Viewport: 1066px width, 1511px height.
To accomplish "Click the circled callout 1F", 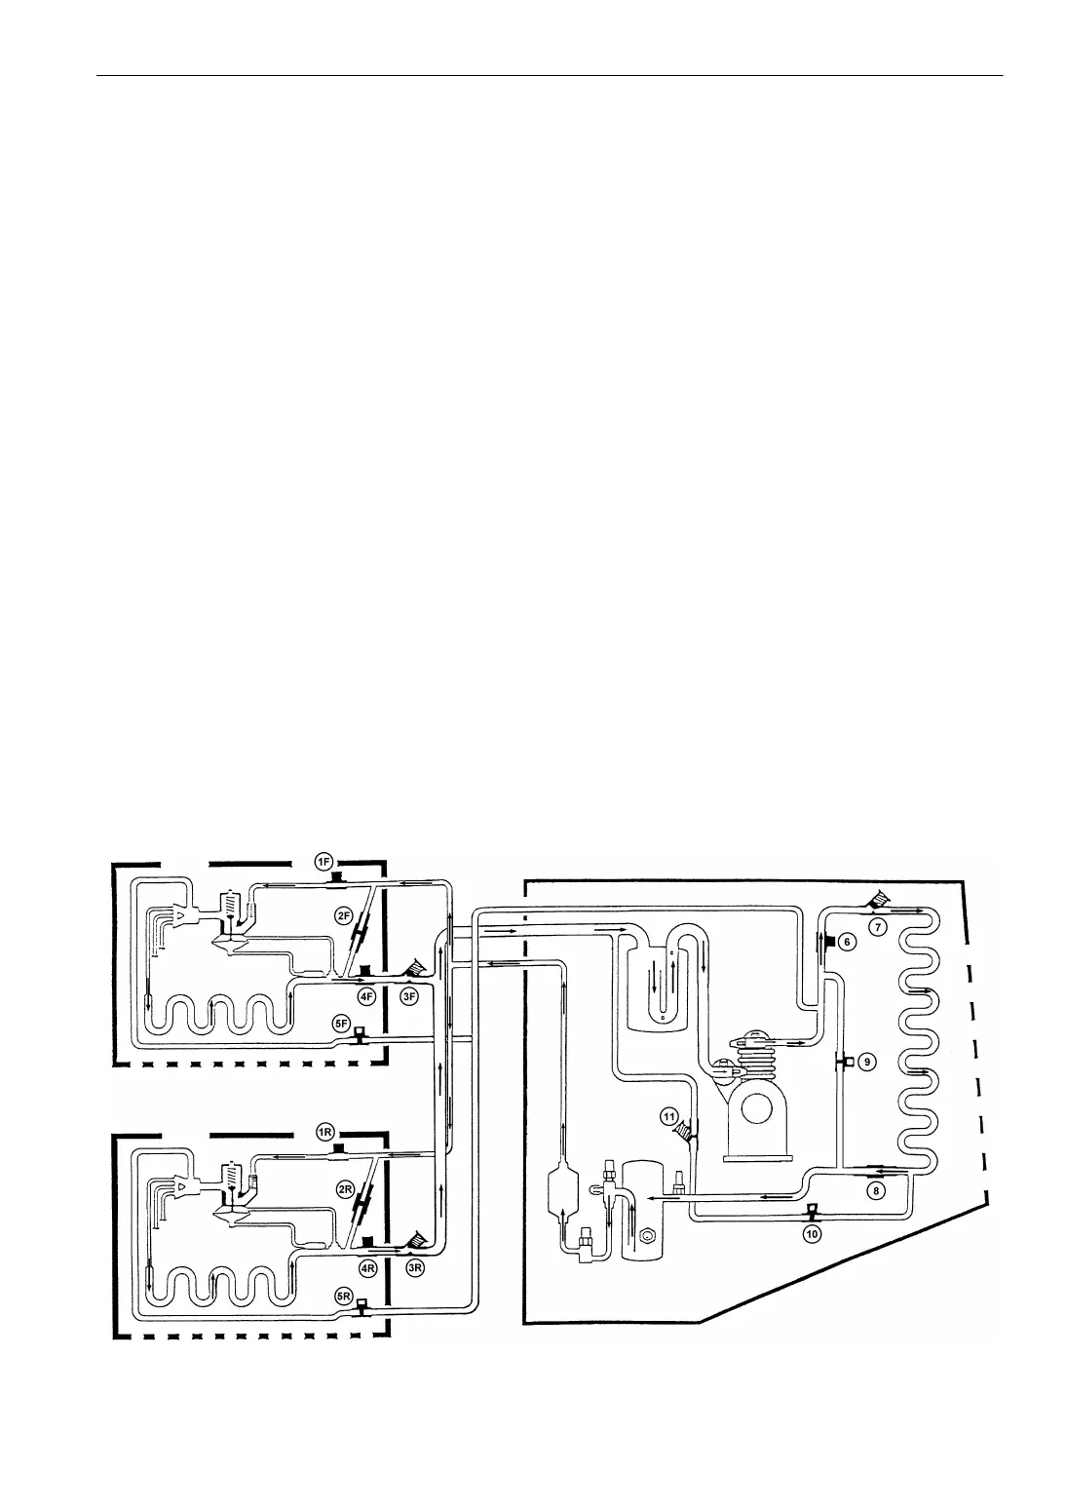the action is (324, 861).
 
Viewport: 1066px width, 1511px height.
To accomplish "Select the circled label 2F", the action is (343, 915).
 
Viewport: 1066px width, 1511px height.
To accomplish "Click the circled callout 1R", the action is (325, 1132).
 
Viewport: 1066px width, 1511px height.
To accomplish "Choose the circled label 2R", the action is (344, 1189).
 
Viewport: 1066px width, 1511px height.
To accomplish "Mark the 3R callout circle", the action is (415, 1268).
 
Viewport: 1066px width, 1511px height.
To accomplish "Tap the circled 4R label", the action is (367, 1268).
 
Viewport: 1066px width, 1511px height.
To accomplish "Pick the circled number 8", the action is (876, 1190).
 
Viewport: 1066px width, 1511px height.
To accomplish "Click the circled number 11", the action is (668, 1114).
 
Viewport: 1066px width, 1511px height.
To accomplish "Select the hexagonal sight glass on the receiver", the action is (645, 1239).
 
